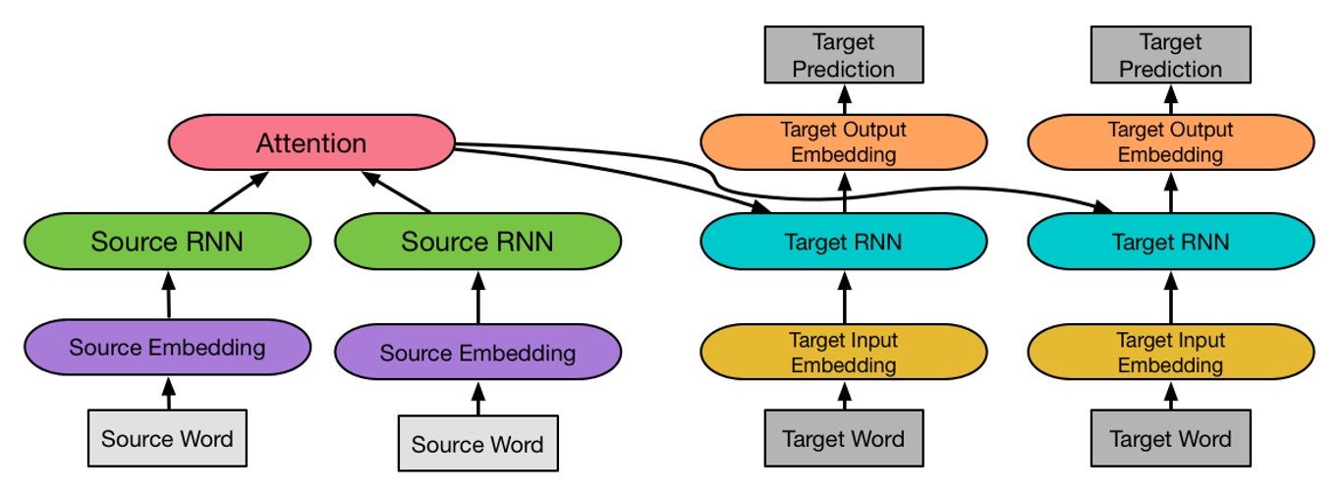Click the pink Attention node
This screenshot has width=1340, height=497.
click(311, 143)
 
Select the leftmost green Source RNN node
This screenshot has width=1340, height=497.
click(167, 242)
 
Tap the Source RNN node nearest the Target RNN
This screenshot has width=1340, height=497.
click(477, 242)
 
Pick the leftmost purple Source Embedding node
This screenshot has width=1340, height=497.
click(167, 347)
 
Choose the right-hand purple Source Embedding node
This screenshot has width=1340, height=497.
click(477, 354)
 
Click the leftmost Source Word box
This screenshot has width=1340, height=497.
click(167, 438)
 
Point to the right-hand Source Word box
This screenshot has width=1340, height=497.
click(477, 444)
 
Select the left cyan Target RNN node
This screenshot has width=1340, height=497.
click(843, 242)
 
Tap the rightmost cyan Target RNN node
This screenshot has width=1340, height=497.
click(1170, 242)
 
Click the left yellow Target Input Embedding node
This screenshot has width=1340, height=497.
click(843, 353)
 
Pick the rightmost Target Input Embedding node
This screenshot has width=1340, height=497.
click(1170, 353)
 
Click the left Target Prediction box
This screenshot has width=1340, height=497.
click(843, 55)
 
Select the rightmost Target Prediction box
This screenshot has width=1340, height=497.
click(1170, 55)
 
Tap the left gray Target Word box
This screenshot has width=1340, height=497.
click(843, 438)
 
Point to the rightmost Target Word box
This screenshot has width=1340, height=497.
click(1170, 438)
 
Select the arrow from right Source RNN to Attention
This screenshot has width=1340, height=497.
click(397, 193)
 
